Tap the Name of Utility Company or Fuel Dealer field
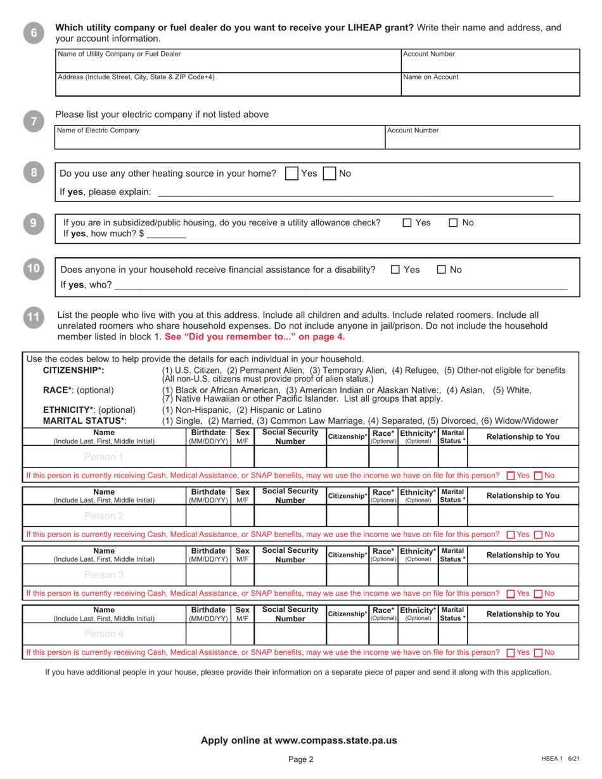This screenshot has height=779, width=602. (x=228, y=60)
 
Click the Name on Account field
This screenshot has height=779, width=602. (x=490, y=84)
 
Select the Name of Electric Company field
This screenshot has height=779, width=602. (x=220, y=137)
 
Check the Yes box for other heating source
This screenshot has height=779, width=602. (x=292, y=174)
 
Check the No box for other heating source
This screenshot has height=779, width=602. (x=330, y=174)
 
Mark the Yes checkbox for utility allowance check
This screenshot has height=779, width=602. (x=407, y=223)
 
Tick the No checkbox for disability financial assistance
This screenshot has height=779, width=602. (x=441, y=270)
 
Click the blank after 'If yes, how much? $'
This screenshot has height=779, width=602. (x=167, y=234)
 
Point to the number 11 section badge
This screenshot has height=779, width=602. (x=34, y=317)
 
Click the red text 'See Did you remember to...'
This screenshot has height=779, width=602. (x=255, y=337)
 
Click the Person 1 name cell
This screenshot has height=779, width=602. (x=104, y=457)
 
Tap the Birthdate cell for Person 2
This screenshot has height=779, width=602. (x=208, y=516)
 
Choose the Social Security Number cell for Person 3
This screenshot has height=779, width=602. (x=290, y=575)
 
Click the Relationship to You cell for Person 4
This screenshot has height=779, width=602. (x=523, y=634)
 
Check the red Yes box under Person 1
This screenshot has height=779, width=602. (x=511, y=476)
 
